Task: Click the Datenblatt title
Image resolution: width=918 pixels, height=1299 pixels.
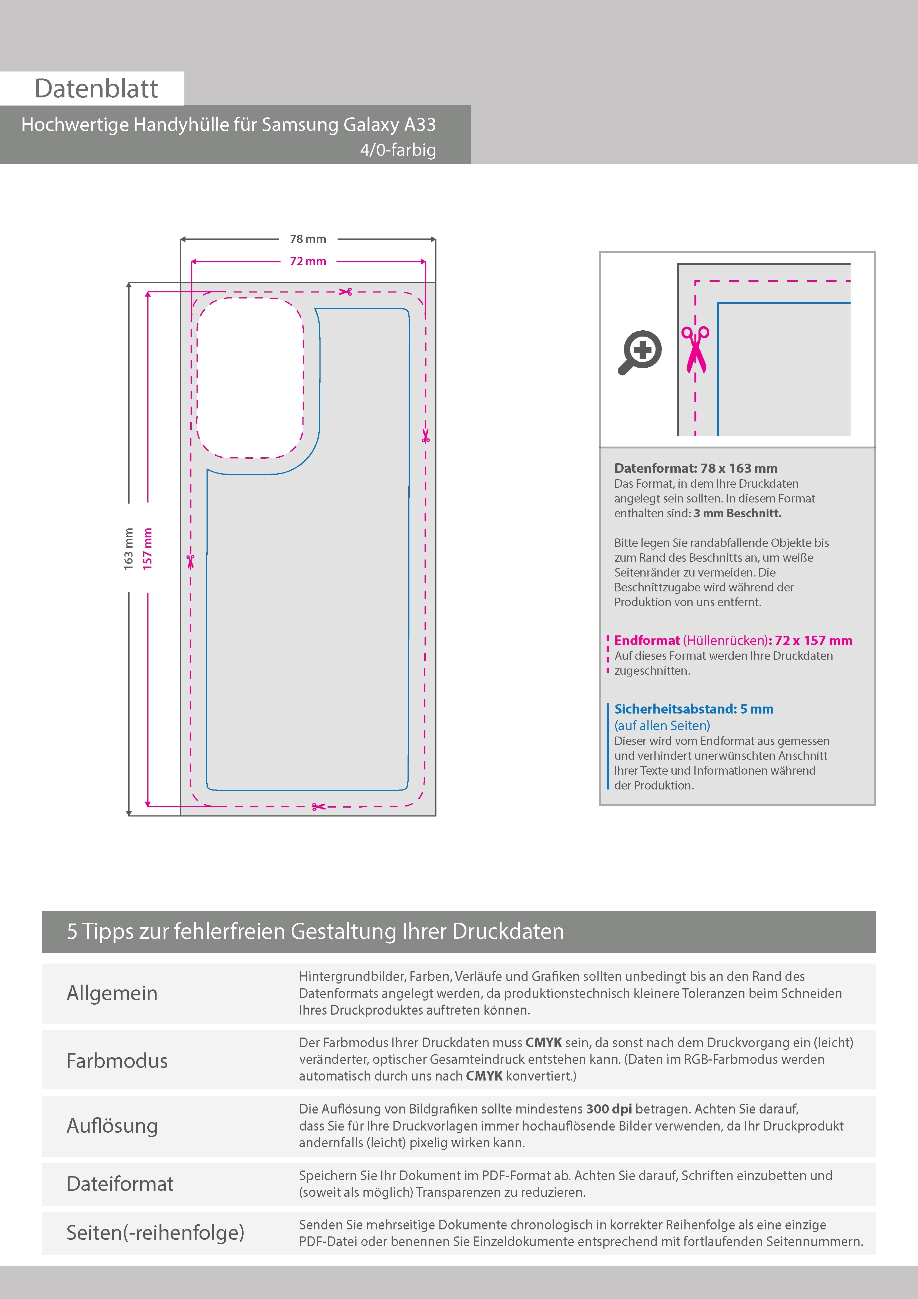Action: pos(96,88)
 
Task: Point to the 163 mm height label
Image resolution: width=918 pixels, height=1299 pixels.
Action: pos(129,549)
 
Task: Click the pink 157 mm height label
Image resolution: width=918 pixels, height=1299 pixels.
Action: pos(148,549)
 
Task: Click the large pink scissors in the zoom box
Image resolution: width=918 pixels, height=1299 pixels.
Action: pos(695,349)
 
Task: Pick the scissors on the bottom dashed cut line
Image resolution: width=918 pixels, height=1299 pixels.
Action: pos(318,806)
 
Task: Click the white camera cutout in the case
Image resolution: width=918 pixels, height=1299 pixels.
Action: pos(250,377)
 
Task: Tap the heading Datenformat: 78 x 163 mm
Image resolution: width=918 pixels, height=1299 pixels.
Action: pos(696,468)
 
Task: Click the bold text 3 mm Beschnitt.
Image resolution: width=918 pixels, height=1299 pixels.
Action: pos(738,513)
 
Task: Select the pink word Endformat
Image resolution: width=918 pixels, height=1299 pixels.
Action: pos(647,641)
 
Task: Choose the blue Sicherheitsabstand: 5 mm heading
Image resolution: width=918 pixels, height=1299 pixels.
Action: pos(694,709)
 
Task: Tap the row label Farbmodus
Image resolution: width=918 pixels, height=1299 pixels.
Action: pos(117,1060)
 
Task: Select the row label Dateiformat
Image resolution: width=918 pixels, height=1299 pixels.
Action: pos(120,1183)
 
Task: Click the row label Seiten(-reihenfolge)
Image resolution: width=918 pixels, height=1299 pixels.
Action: pos(155,1232)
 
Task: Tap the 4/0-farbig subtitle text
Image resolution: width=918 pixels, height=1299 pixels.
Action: pos(398,150)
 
